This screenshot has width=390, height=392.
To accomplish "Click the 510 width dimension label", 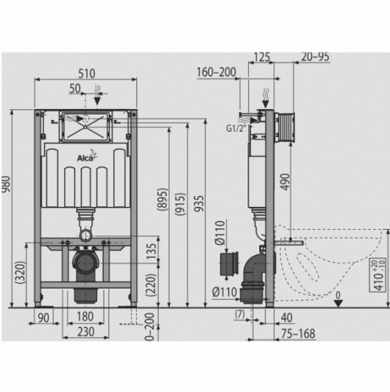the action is [87, 74].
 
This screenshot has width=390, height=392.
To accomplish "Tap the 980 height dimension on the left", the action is [5, 184].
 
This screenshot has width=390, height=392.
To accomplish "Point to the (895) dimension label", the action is [162, 199].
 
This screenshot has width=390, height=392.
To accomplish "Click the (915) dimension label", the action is [180, 204].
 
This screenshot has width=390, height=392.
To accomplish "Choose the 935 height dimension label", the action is [199, 203].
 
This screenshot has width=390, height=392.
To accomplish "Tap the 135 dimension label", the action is [151, 251].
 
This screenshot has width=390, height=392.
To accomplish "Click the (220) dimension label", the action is [151, 285].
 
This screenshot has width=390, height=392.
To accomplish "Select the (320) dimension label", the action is [20, 272].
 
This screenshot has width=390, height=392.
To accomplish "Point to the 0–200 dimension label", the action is [150, 327].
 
